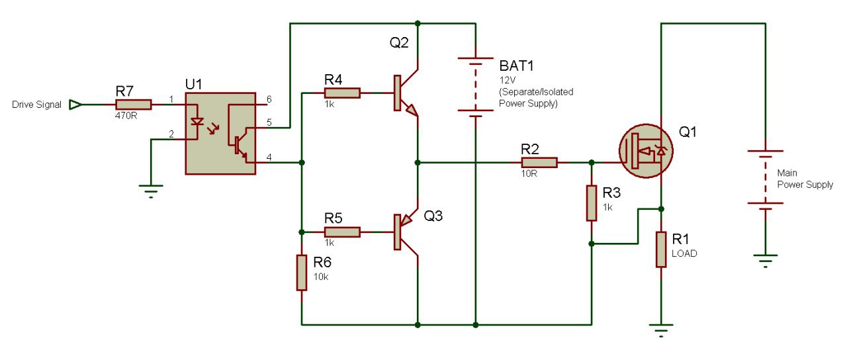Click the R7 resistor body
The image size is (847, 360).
coord(134,105)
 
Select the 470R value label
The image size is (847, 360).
coord(126,116)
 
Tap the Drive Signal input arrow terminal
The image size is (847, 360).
coord(75,105)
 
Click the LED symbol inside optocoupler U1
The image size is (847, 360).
coord(197,122)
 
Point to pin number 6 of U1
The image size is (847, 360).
coord(269,99)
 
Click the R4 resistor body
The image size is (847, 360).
coord(342,93)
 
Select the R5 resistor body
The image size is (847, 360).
coord(342,232)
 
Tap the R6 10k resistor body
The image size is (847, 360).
coord(301,273)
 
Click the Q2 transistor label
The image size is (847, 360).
coord(399,43)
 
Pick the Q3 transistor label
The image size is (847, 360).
coord(433,216)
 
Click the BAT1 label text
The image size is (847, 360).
coord(516,66)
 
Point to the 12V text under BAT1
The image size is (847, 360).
coord(507,80)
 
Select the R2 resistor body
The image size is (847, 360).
coord(539,163)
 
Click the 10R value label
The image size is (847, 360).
coord(529,173)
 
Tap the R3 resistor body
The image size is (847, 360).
coord(592,203)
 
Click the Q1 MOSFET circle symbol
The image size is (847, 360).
coord(646,151)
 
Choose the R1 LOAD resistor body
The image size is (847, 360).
coord(661,249)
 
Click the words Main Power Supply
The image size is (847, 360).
coord(805,179)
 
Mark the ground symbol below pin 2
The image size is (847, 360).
coord(151,191)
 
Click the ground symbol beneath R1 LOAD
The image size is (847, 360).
coord(661,330)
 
